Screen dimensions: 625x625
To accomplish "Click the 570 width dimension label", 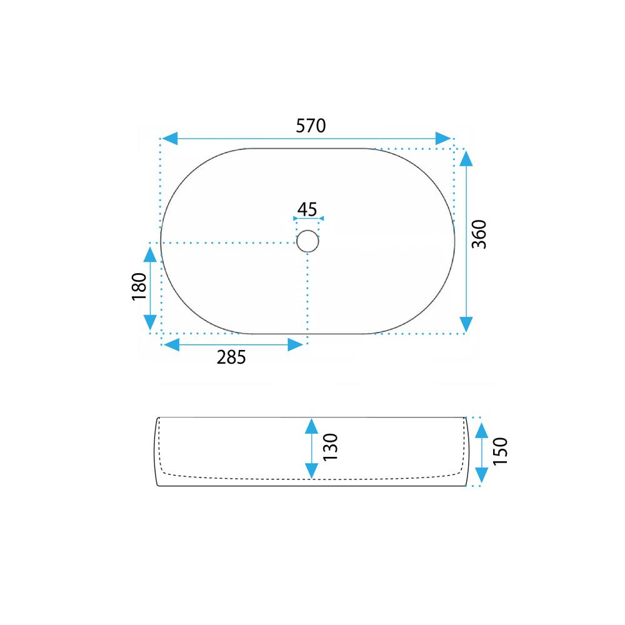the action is [x=311, y=126].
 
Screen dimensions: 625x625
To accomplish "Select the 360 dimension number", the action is [x=479, y=234].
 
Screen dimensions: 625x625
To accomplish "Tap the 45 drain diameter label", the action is [x=307, y=209].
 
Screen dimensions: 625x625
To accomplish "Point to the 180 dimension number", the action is [x=139, y=287].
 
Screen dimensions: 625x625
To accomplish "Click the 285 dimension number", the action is [x=231, y=357].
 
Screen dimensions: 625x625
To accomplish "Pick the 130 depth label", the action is [x=331, y=447].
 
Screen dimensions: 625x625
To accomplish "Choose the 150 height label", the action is [x=500, y=451].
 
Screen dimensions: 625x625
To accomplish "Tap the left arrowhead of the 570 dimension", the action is [x=169, y=139].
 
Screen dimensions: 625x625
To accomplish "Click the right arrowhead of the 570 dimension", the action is [x=443, y=139].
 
